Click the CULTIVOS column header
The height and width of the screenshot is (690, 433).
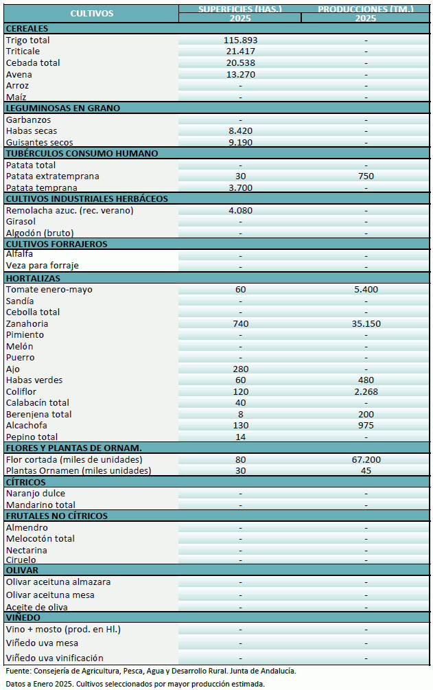pyautogui.click(x=91, y=13)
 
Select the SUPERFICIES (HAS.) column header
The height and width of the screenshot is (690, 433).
pyautogui.click(x=239, y=9)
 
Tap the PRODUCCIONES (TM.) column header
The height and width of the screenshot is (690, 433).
pyautogui.click(x=366, y=9)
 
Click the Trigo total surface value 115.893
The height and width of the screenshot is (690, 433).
pyautogui.click(x=240, y=41)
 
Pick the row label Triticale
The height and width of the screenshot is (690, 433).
pyautogui.click(x=23, y=51)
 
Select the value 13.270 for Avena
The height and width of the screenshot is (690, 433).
pyautogui.click(x=240, y=74)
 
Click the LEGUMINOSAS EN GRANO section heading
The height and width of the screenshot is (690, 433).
pyautogui.click(x=62, y=108)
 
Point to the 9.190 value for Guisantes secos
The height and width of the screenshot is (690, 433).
pyautogui.click(x=240, y=142)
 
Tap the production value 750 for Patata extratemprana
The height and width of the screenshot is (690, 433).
pyautogui.click(x=366, y=176)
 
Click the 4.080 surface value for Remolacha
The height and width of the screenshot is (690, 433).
pyautogui.click(x=240, y=210)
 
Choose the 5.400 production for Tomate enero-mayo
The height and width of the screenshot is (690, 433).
pyautogui.click(x=366, y=289)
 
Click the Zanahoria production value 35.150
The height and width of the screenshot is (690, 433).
pyautogui.click(x=366, y=323)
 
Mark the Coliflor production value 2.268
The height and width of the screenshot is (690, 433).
pyautogui.click(x=366, y=391)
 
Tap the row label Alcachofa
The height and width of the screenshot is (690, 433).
pyautogui.click(x=27, y=425)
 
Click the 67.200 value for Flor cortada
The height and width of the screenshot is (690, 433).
pyautogui.click(x=366, y=459)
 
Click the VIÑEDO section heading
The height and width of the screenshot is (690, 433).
pyautogui.click(x=23, y=617)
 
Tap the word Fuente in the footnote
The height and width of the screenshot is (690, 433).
pyautogui.click(x=18, y=670)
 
